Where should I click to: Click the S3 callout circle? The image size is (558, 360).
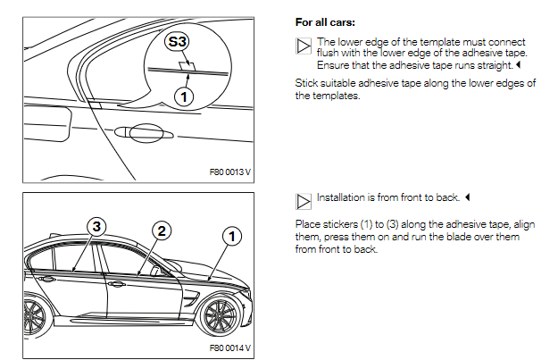[179, 41]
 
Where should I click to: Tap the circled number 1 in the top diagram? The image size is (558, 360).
[184, 96]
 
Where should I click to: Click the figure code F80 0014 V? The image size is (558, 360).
[230, 347]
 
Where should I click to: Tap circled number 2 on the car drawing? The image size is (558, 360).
[161, 230]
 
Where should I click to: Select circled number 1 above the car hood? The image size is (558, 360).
[231, 237]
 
